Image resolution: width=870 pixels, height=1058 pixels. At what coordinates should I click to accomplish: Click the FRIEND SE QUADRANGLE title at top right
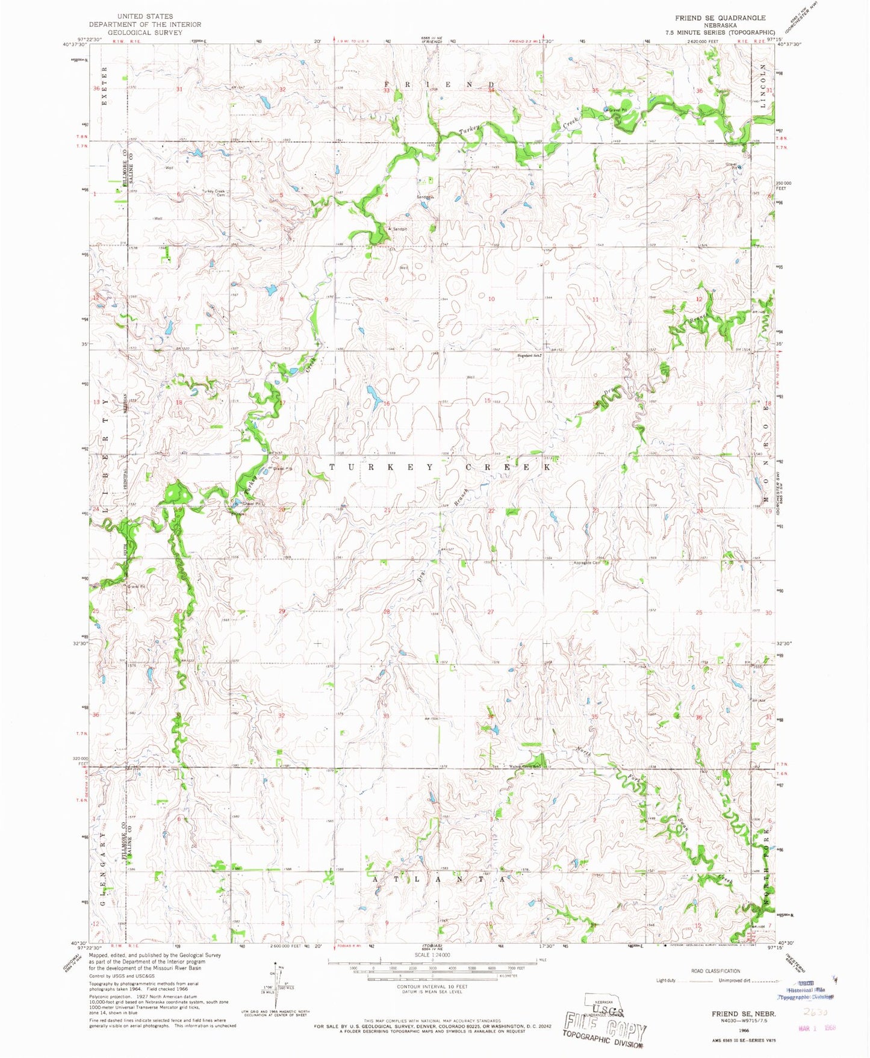(720, 18)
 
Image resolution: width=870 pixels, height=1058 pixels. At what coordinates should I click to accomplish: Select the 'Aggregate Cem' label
(588, 563)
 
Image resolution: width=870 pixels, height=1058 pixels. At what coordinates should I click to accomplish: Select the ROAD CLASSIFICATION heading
(715, 971)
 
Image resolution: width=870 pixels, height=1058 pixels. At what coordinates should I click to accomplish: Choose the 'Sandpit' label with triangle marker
(398, 229)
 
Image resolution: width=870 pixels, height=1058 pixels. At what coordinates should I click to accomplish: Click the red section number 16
(387, 403)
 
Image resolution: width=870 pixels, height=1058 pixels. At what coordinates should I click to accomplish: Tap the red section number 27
(491, 612)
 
